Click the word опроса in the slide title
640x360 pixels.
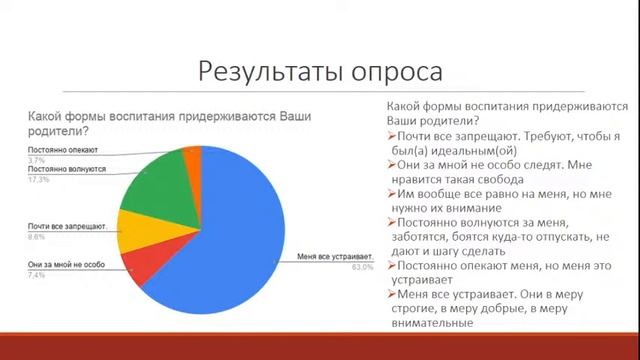(x=393, y=73)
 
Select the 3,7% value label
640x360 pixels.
(x=36, y=159)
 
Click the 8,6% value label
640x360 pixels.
(x=36, y=237)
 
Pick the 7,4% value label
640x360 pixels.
(x=36, y=271)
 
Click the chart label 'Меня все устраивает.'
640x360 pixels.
(x=336, y=258)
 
